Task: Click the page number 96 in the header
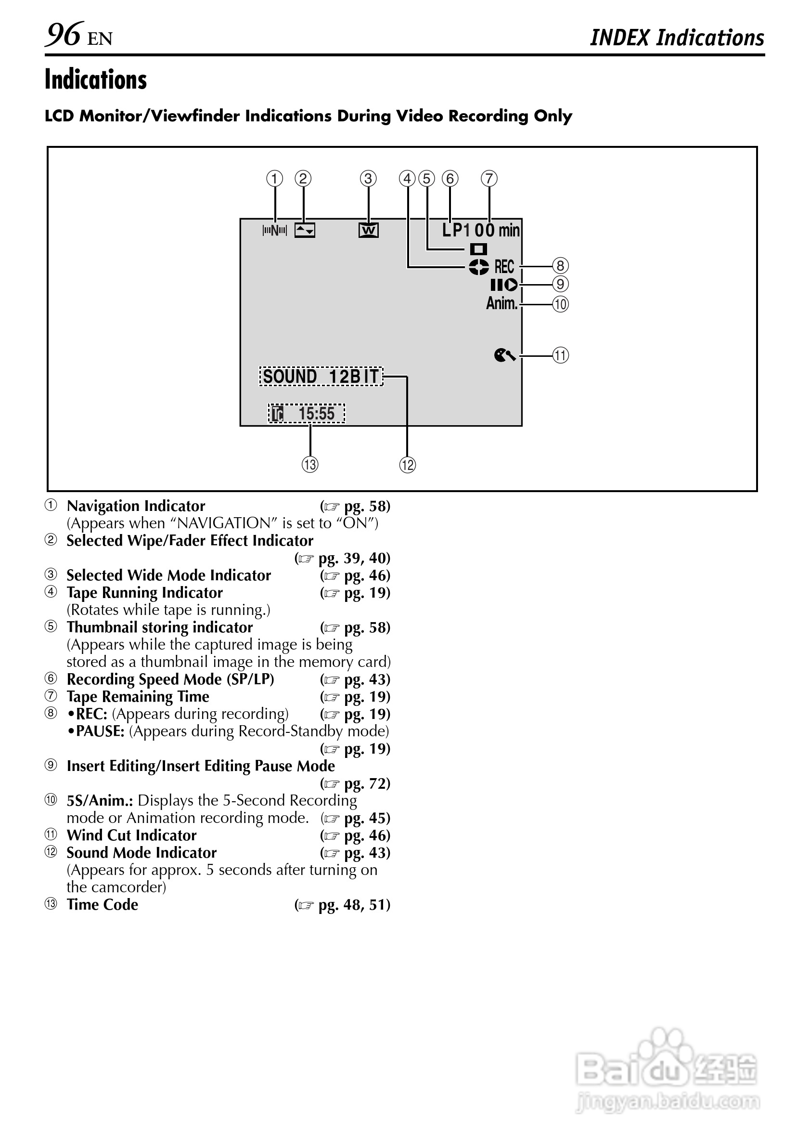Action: click(64, 35)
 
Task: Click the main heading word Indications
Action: click(96, 80)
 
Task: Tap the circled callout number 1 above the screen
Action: click(275, 178)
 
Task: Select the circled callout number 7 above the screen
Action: click(489, 178)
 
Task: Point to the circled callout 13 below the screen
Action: click(310, 465)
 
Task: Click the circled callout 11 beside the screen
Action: click(560, 355)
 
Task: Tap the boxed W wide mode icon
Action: click(369, 230)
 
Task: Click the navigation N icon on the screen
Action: click(275, 230)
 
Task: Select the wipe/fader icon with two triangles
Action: click(305, 230)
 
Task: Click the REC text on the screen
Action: click(504, 267)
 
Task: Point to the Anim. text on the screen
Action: click(502, 303)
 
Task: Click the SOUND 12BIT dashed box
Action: click(321, 376)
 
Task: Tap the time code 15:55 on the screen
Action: click(316, 414)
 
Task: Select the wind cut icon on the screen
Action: click(504, 355)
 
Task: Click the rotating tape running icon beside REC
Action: click(478, 267)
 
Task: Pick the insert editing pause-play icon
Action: click(504, 285)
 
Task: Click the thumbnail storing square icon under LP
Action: click(478, 249)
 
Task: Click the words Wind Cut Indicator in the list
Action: click(132, 835)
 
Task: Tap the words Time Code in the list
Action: click(103, 905)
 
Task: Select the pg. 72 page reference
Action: click(367, 783)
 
